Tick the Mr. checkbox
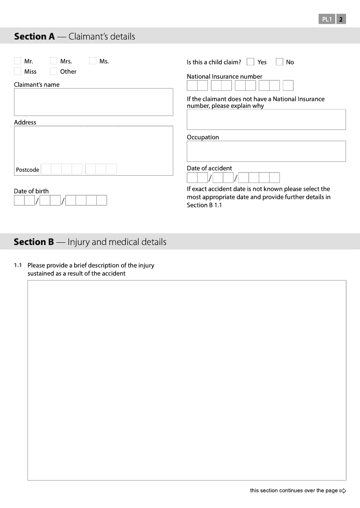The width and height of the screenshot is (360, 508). click(18, 61)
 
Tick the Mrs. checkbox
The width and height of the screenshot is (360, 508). click(54, 61)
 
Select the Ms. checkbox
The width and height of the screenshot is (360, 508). click(93, 61)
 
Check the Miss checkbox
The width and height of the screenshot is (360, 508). click(18, 71)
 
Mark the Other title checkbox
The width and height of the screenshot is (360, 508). click(54, 71)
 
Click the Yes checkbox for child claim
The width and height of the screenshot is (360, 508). click(251, 62)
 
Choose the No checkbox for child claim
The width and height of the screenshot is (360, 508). click(279, 62)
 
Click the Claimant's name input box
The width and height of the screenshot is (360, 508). click(93, 102)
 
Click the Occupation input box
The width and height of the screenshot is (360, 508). click(266, 151)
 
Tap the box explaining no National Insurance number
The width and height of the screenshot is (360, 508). click(266, 119)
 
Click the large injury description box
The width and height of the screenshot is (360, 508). click(187, 380)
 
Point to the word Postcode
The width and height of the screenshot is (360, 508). click(27, 170)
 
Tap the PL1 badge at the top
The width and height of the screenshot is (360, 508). click(327, 19)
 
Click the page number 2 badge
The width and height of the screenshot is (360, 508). click(341, 19)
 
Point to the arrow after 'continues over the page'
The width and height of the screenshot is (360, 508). click(343, 490)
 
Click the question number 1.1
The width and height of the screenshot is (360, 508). click(18, 265)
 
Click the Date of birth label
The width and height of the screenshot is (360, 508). click(31, 191)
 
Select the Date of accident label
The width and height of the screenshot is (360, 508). click(209, 168)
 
